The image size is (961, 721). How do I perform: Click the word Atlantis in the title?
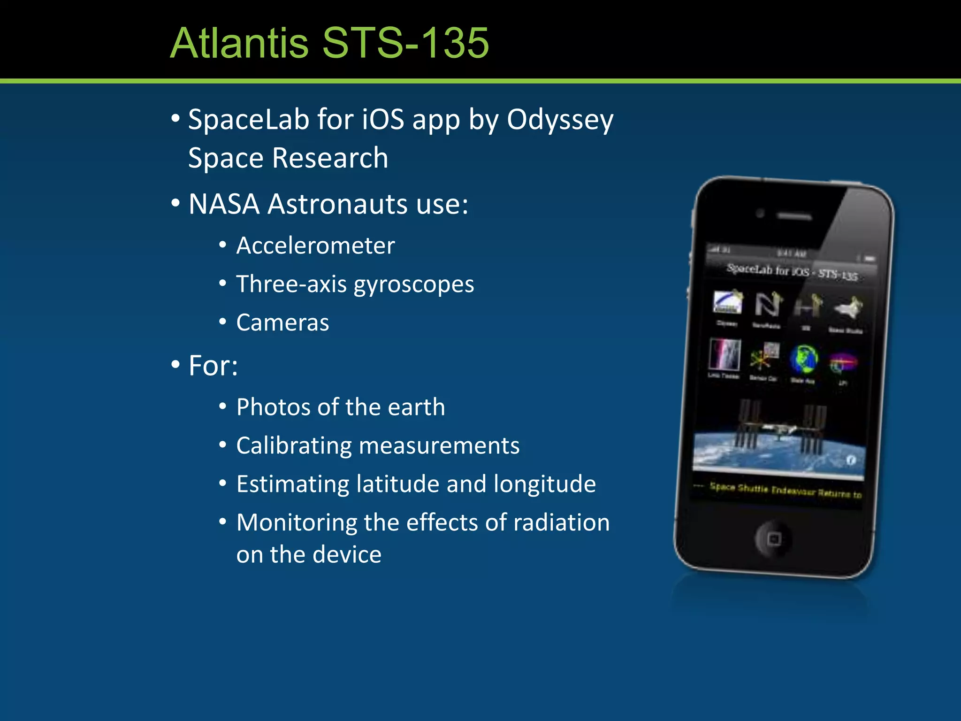[x=239, y=43]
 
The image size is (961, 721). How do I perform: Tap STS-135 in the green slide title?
[x=405, y=43]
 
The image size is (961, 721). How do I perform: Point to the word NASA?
[x=224, y=204]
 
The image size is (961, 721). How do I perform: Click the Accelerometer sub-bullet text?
[x=315, y=245]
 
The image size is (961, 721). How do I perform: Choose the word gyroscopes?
[x=414, y=284]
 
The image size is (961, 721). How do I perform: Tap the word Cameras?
[x=282, y=322]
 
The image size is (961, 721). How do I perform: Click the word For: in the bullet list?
[x=213, y=366]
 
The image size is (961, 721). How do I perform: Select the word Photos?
[x=273, y=407]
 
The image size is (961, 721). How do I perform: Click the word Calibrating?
[x=294, y=446]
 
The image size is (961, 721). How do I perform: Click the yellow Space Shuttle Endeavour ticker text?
[x=785, y=490]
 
